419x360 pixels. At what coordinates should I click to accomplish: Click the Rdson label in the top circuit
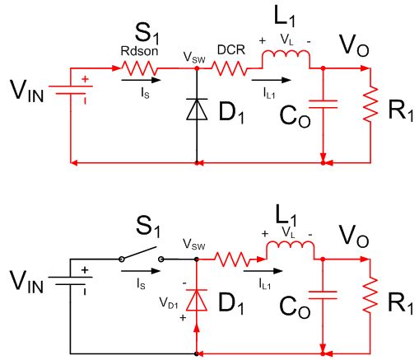point(139,51)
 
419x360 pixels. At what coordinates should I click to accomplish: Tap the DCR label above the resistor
point(231,49)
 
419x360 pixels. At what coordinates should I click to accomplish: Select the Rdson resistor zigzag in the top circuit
point(139,68)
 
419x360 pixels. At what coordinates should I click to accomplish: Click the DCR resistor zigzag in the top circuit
point(230,68)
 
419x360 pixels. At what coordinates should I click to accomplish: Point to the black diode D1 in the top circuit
point(197,109)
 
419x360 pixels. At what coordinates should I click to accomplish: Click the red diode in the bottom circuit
point(197,300)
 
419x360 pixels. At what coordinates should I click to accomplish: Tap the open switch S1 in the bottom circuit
point(142,254)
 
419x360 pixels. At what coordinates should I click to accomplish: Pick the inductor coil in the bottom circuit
point(291,249)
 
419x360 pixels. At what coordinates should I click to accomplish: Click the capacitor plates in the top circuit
point(323,105)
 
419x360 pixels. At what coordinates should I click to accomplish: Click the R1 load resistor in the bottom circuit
point(370,295)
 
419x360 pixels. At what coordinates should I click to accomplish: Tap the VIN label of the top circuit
point(27,91)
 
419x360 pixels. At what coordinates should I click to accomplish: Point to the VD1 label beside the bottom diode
point(169,303)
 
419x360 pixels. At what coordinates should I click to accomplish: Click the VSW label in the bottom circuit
point(194,244)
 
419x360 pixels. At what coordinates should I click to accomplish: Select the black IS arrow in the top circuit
point(141,80)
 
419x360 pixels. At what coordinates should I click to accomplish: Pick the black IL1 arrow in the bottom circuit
point(263,271)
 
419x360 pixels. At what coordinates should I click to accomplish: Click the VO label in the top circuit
point(354,45)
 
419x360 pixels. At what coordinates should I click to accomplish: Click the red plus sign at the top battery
point(86,79)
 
